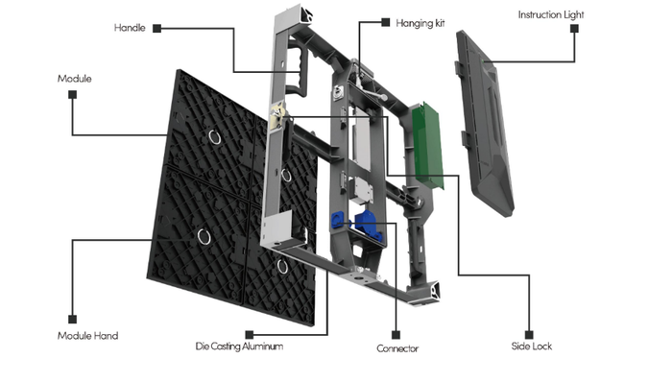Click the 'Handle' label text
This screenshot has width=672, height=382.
click(130, 28)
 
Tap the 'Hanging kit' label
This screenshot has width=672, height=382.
click(420, 23)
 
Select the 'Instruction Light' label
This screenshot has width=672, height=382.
click(551, 14)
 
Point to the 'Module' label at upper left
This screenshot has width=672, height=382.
click(75, 79)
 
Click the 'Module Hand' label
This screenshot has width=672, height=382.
click(88, 336)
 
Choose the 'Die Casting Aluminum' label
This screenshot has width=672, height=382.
click(239, 346)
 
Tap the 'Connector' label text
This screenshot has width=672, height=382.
click(397, 348)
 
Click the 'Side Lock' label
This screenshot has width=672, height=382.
click(532, 346)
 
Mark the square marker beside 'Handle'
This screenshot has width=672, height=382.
click(157, 28)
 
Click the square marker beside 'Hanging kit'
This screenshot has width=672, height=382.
click(386, 22)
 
